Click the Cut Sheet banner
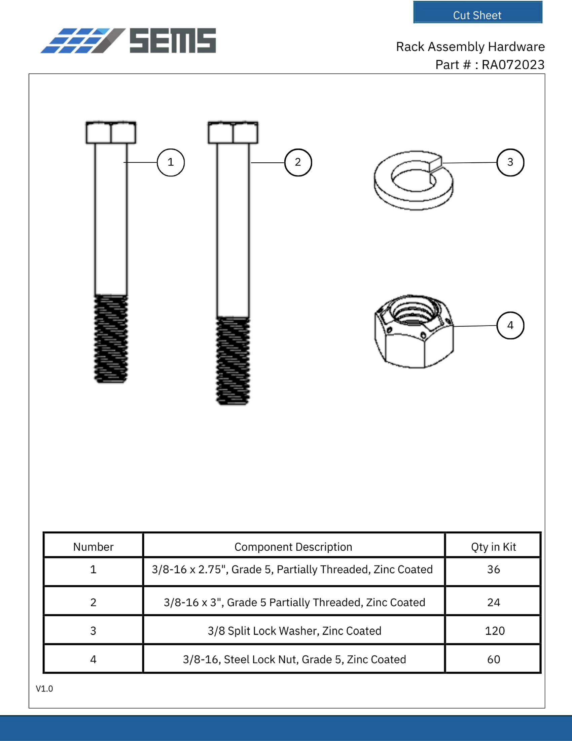click(477, 12)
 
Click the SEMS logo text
click(173, 41)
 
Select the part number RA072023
click(513, 65)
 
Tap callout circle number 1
click(171, 163)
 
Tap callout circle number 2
click(298, 163)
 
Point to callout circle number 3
click(510, 163)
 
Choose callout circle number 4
click(510, 325)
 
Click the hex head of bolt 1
click(111, 133)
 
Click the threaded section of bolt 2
click(233, 361)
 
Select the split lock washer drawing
click(414, 181)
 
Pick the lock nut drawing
click(414, 331)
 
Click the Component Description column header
click(293, 547)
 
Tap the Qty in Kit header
click(493, 547)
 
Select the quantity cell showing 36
click(493, 569)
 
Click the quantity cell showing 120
click(494, 631)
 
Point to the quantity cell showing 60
click(493, 659)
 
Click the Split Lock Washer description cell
click(294, 631)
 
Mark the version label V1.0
click(44, 689)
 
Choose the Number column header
click(93, 547)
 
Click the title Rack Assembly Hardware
click(470, 47)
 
